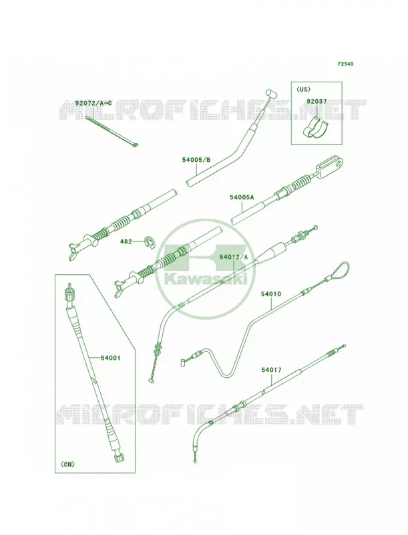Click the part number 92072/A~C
click(x=93, y=103)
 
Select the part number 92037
click(x=317, y=102)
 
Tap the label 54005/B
click(x=196, y=159)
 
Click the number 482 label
click(x=126, y=241)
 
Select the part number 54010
click(x=271, y=294)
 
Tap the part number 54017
click(x=272, y=370)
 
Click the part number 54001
click(x=111, y=358)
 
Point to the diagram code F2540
click(x=345, y=64)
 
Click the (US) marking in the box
click(x=303, y=89)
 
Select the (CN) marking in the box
click(x=67, y=464)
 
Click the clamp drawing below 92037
click(x=316, y=129)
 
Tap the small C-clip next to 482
click(x=149, y=241)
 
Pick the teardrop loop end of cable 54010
click(x=338, y=271)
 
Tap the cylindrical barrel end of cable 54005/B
click(x=272, y=93)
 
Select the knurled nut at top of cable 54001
click(x=70, y=293)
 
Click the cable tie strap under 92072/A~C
click(x=112, y=131)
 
